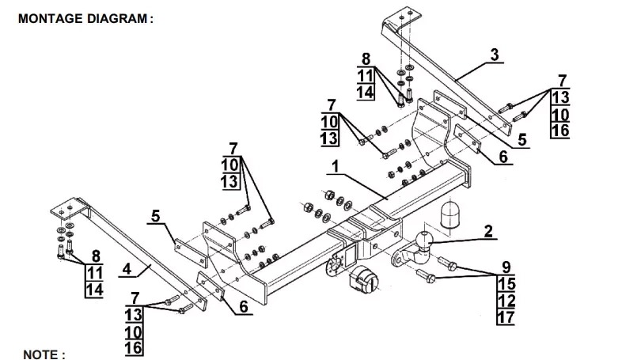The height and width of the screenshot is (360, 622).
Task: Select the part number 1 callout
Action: (x=336, y=167)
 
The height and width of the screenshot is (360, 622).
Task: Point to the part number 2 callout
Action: (x=488, y=231)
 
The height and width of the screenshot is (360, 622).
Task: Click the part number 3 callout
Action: (x=494, y=55)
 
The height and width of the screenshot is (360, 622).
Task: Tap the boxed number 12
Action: (x=506, y=301)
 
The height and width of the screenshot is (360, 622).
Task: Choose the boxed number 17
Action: (x=506, y=317)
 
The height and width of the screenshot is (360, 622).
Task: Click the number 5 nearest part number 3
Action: (x=522, y=139)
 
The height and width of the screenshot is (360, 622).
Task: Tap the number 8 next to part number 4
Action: (x=96, y=255)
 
